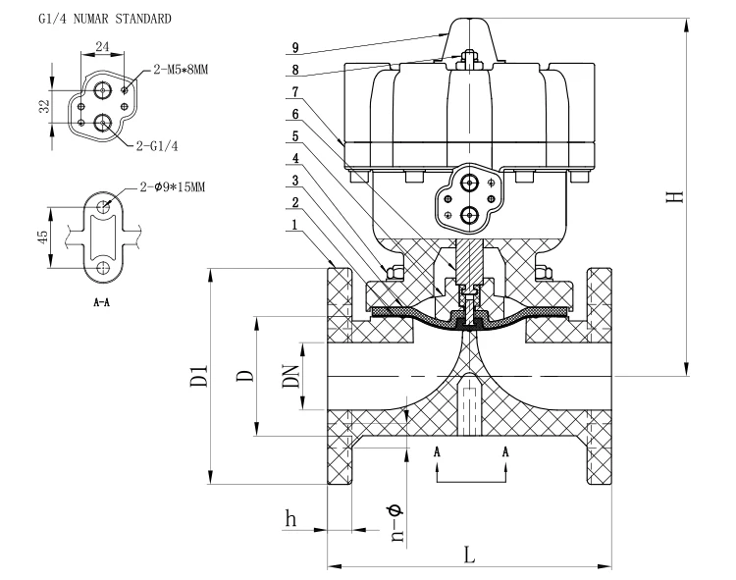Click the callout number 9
coord(295,47)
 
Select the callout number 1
coord(294,225)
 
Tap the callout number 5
coord(295,136)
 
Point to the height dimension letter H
coord(675,196)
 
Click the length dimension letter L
coord(469,554)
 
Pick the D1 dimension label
coord(199,376)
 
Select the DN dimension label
coord(291,376)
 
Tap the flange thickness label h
coord(291,518)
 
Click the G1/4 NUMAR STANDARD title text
coord(105,19)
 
